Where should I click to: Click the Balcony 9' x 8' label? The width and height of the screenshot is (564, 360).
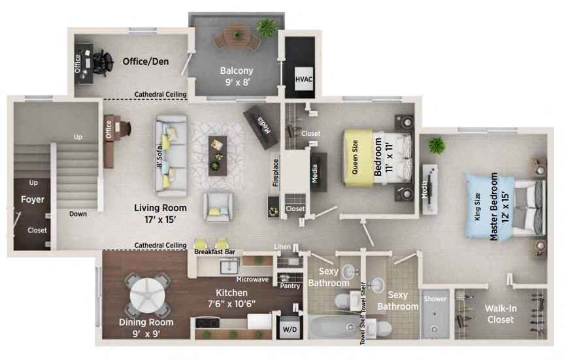(237, 76)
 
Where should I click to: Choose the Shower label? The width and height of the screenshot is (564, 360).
(435, 299)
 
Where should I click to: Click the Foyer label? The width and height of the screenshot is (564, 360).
(33, 199)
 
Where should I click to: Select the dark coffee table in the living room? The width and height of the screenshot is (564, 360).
(217, 154)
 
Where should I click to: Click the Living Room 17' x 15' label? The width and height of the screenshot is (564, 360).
(160, 213)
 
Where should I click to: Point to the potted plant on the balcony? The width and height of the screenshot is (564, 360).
(267, 27)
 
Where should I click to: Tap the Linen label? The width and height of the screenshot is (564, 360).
(282, 246)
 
